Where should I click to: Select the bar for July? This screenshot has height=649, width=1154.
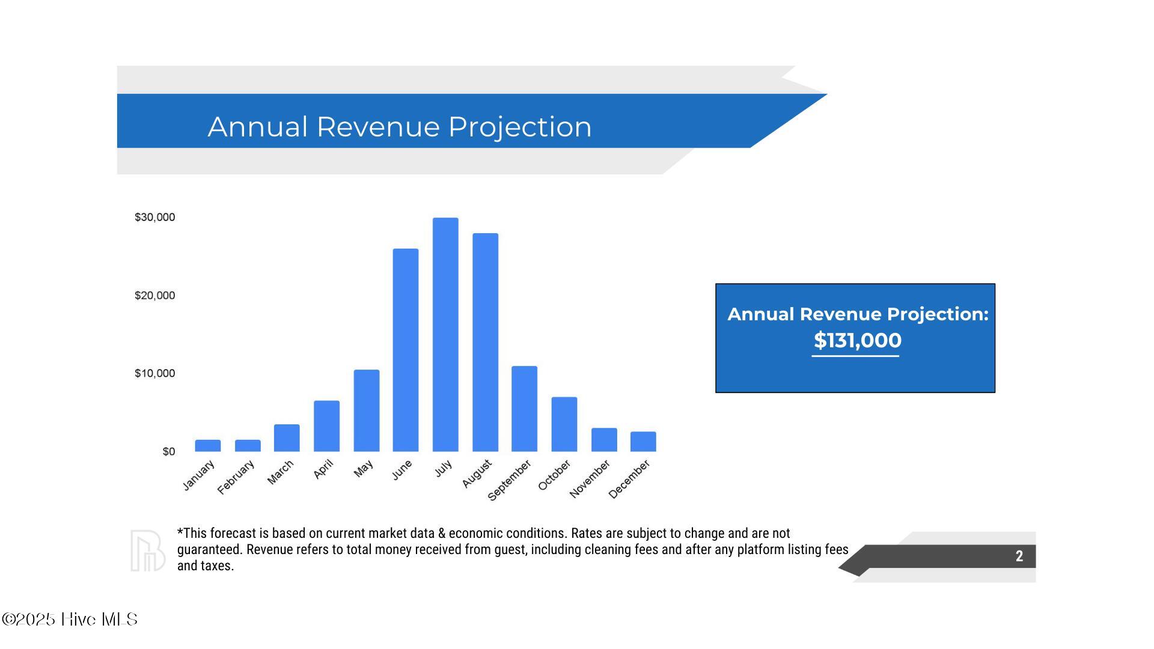tap(445, 335)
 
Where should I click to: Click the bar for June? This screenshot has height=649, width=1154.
tap(406, 350)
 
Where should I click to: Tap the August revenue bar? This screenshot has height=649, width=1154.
tap(485, 343)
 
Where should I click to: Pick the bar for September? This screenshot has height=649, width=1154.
tap(524, 409)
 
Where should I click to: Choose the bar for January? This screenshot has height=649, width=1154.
tap(208, 446)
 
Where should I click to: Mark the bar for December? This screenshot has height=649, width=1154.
tap(643, 442)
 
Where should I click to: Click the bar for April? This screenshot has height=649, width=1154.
tap(326, 426)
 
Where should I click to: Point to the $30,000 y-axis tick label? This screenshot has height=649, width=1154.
tap(155, 218)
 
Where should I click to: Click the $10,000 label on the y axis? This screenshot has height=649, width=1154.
tap(155, 374)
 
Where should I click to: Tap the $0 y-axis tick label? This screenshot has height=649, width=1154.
tap(169, 452)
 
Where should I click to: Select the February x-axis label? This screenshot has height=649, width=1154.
tap(236, 477)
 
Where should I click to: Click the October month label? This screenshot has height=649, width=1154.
tap(554, 475)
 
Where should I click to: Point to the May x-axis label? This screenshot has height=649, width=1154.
tap(363, 469)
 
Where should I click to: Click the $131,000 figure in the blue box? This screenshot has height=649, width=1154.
tap(857, 341)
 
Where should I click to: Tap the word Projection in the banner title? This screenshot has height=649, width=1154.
tap(520, 127)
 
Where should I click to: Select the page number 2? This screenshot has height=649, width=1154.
tap(1019, 556)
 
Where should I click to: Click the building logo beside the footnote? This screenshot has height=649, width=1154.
tap(148, 550)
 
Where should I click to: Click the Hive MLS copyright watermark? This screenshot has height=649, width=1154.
tap(70, 620)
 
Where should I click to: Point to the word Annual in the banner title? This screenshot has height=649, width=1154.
tap(258, 127)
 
